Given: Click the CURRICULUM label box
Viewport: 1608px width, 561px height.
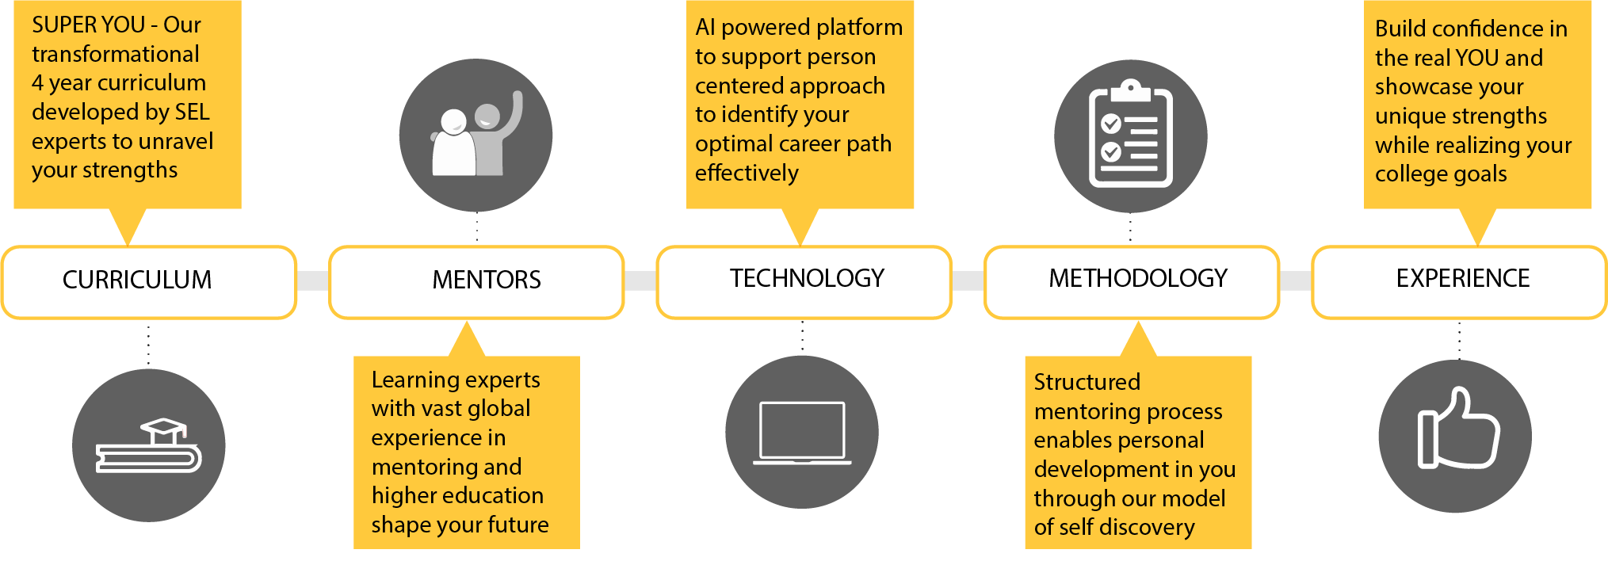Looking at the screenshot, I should click(149, 281).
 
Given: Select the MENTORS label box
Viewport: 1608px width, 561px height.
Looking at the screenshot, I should click(476, 281).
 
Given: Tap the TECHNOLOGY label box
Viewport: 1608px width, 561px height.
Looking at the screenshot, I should click(804, 281).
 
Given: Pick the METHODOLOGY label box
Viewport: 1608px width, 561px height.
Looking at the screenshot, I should click(1132, 281).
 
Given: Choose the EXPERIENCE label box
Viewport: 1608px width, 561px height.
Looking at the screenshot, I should click(1459, 281).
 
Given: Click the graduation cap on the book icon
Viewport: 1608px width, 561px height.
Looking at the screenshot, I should click(163, 431).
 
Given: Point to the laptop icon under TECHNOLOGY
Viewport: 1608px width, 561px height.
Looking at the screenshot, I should click(802, 433).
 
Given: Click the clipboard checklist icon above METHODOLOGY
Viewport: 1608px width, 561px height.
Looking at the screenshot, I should click(1131, 135).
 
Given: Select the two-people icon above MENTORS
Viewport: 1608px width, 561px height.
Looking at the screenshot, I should click(476, 135).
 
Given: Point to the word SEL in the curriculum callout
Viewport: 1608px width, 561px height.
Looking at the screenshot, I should click(192, 113).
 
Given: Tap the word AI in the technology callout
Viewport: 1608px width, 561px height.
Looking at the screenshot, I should click(705, 28).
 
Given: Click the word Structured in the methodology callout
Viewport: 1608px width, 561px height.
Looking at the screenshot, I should click(1087, 383).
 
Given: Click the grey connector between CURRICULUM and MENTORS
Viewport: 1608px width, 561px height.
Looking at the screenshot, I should click(312, 281).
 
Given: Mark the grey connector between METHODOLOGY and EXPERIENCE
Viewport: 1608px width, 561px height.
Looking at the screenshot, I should click(1295, 281).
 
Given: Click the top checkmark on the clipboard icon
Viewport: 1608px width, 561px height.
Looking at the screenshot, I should click(1110, 124).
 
